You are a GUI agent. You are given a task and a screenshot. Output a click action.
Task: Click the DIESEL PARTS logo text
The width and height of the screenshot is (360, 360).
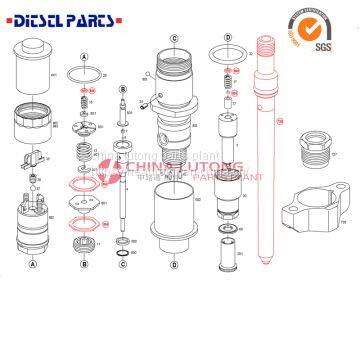62,17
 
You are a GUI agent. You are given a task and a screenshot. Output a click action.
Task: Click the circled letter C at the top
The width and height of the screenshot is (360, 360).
174,39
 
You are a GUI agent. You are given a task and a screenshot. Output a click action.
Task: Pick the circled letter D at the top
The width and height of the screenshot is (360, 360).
229,38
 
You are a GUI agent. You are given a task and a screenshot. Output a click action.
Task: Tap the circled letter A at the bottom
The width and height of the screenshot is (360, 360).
32,265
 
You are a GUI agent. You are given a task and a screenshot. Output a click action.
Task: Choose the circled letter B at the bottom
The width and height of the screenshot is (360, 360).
85,265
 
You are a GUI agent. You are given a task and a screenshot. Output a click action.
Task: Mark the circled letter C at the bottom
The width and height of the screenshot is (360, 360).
122,265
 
